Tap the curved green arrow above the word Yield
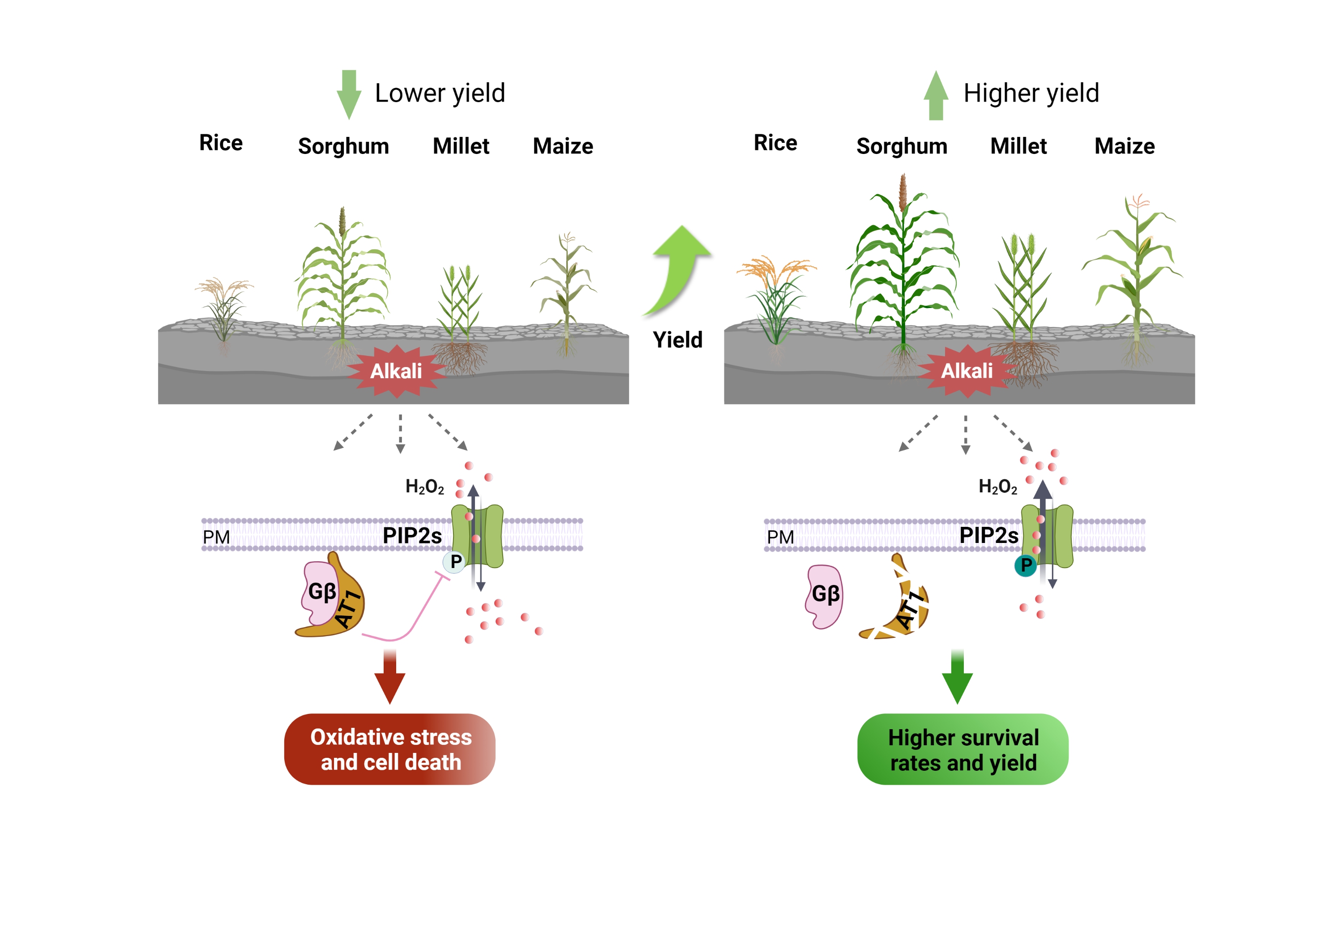pos(680,269)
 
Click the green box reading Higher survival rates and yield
pos(963,749)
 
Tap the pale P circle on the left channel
pos(454,562)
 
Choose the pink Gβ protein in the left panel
pos(319,592)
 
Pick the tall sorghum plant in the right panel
pos(904,269)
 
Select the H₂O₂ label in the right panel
pos(997,487)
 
